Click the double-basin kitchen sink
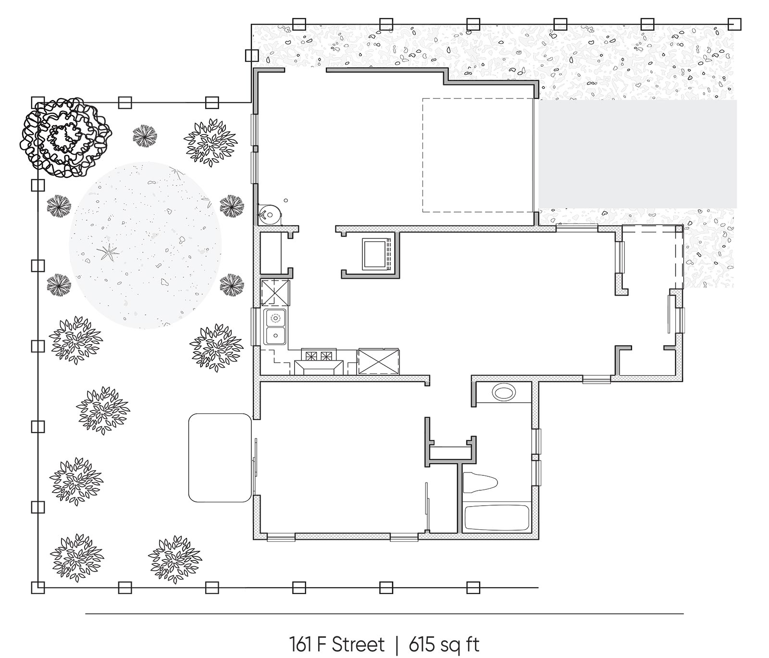click(275, 327)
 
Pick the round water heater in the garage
click(271, 213)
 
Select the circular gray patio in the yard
click(146, 245)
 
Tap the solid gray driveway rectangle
click(637, 154)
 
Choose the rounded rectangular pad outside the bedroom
click(220, 458)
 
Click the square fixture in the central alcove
click(374, 254)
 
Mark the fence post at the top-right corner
click(734, 24)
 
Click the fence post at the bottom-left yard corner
click(37, 587)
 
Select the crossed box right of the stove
click(378, 361)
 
